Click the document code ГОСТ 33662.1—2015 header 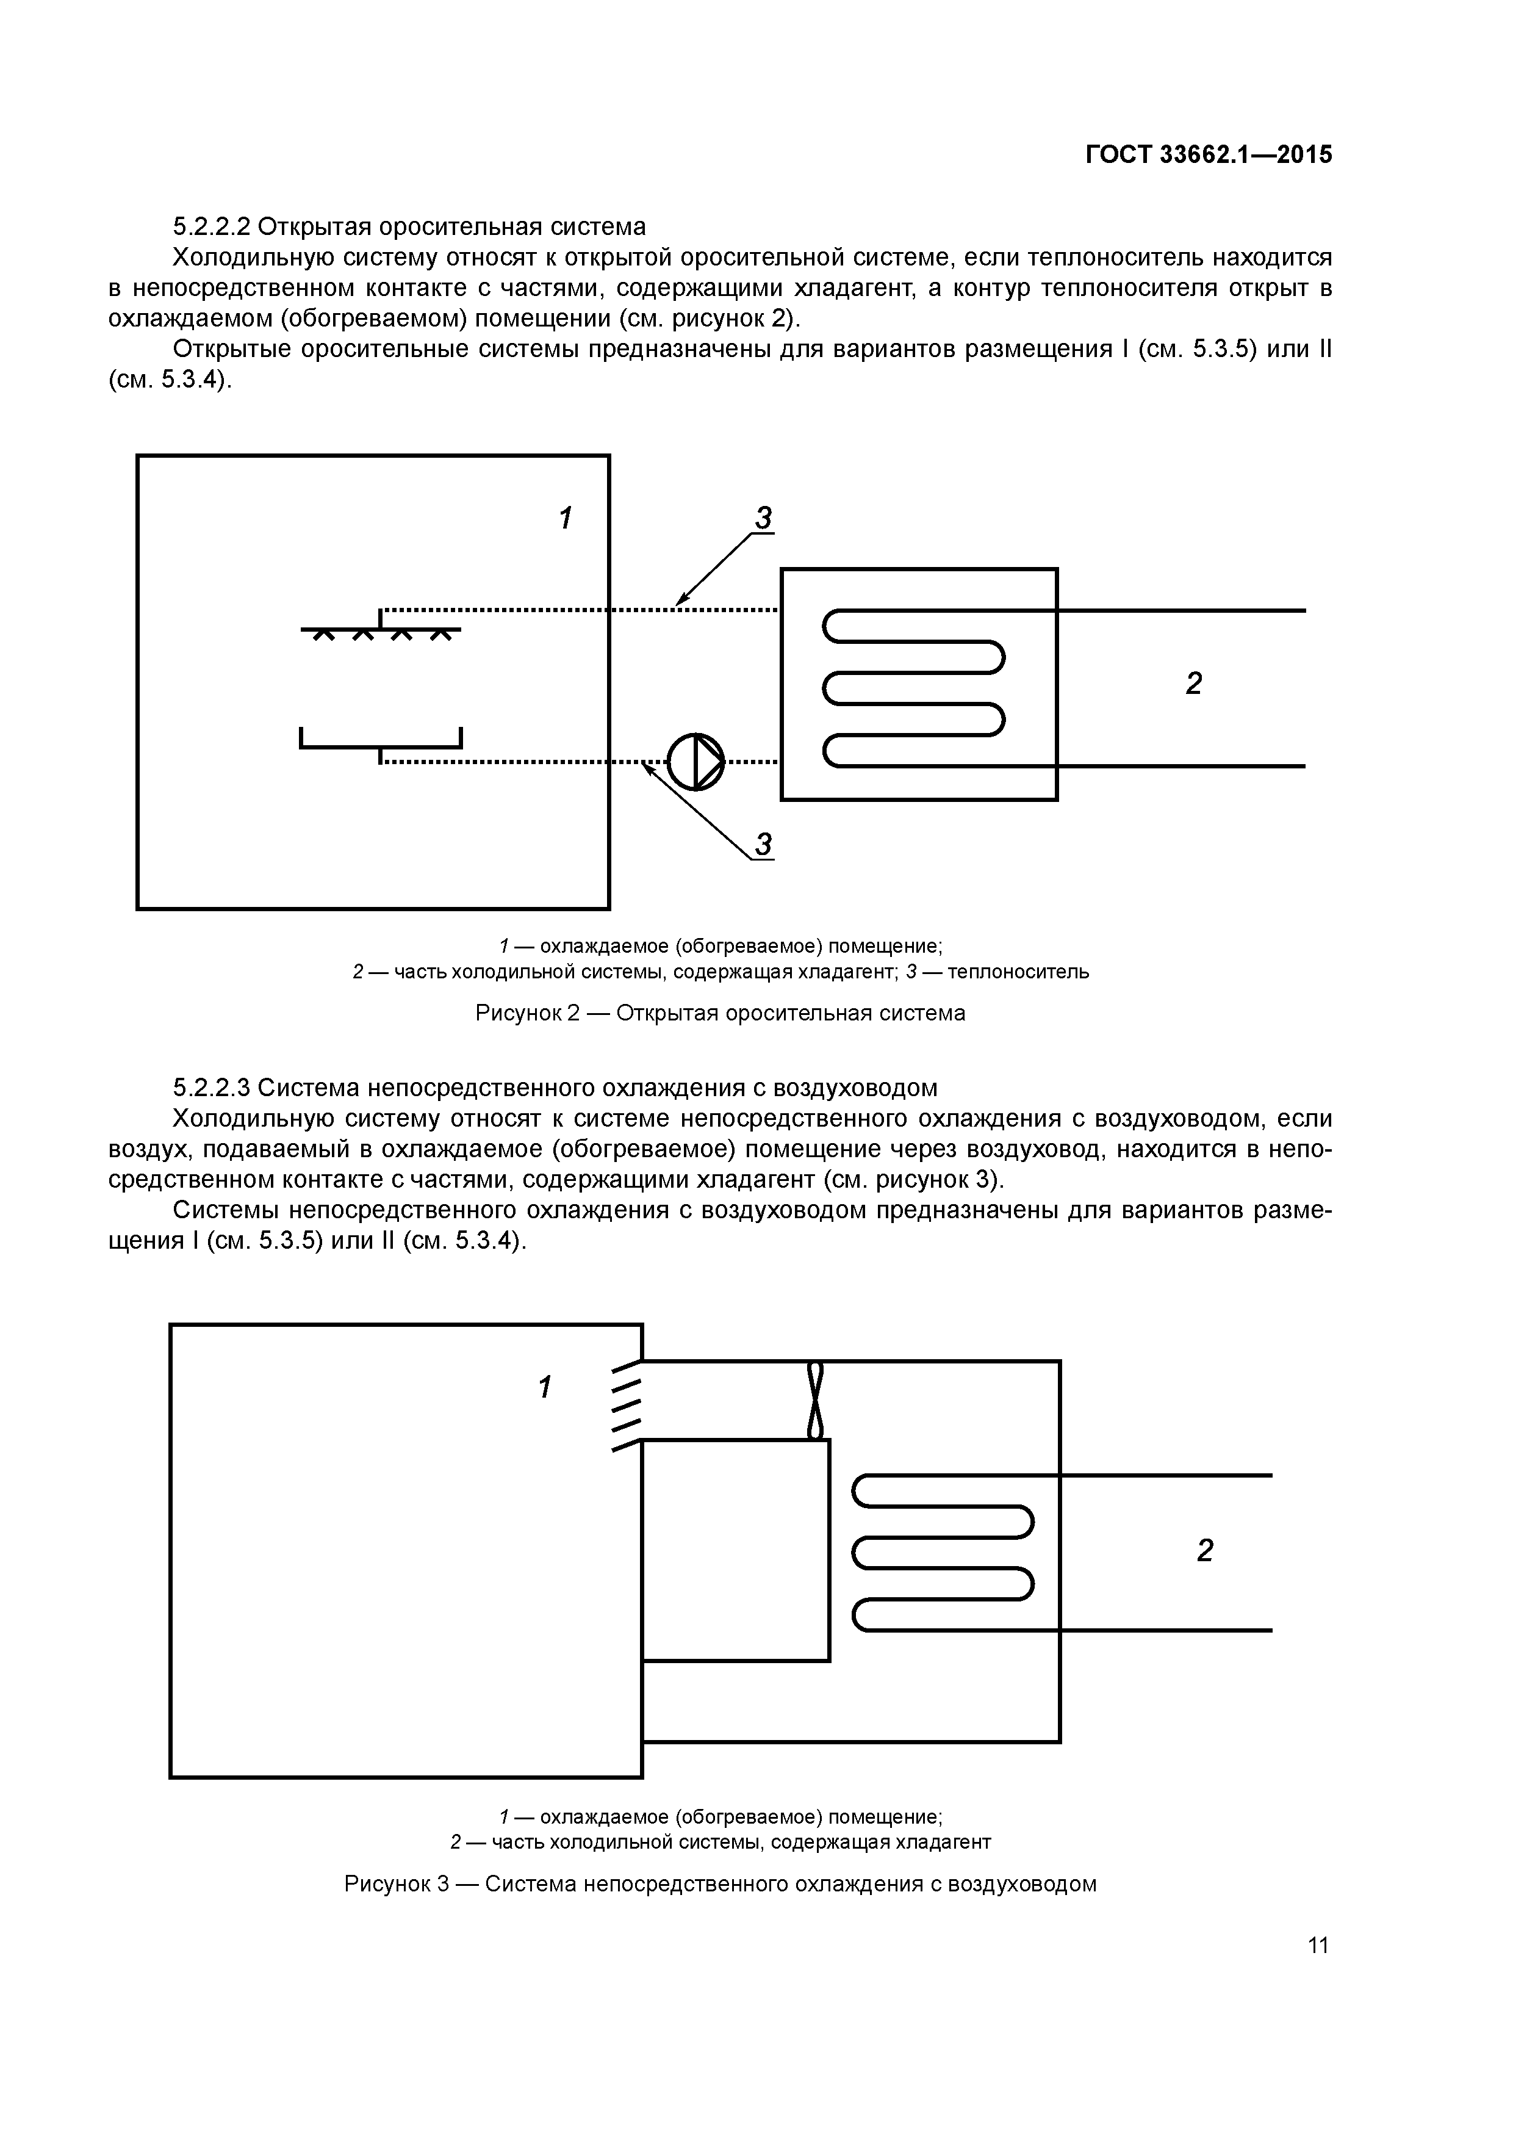(x=1208, y=155)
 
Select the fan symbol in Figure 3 (x=816, y=1399)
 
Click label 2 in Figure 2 (x=1193, y=684)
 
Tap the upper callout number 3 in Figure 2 (x=763, y=518)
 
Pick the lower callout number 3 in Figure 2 (x=763, y=845)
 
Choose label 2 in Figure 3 (x=1204, y=1551)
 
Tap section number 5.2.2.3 (x=212, y=1088)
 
